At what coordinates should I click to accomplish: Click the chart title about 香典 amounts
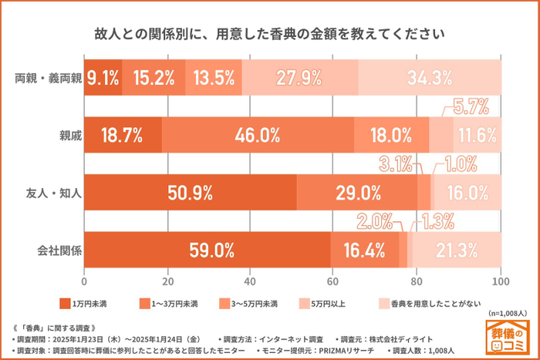pyautogui.click(x=269, y=35)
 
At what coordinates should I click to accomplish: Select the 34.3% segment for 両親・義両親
pyautogui.click(x=430, y=77)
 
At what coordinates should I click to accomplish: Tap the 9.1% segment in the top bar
pyautogui.click(x=103, y=77)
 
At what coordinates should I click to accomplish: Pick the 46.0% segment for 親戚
pyautogui.click(x=258, y=135)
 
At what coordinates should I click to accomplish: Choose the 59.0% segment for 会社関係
pyautogui.click(x=207, y=250)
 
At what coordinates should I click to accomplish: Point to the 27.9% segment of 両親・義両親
pyautogui.click(x=299, y=77)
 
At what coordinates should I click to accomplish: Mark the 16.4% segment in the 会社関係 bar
pyautogui.click(x=365, y=250)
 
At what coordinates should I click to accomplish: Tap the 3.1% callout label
pyautogui.click(x=397, y=163)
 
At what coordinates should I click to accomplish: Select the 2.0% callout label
pyautogui.click(x=376, y=221)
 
